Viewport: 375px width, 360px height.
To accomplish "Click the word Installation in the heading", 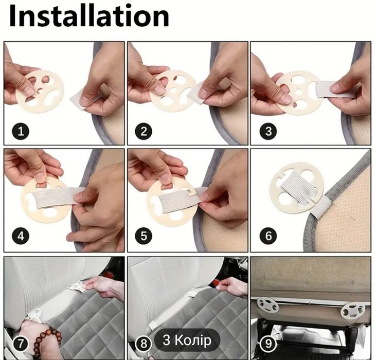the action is click(89, 16).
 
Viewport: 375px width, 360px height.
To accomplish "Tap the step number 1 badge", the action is click(21, 131).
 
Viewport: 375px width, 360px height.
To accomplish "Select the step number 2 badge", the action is click(144, 131).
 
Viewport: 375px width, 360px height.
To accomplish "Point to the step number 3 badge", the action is click(269, 131).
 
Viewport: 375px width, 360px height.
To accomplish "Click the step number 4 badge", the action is click(21, 236).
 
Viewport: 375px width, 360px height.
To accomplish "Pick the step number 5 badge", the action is click(144, 236).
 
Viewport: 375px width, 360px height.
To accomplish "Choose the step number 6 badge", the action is click(269, 236).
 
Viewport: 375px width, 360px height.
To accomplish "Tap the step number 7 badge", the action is click(21, 344).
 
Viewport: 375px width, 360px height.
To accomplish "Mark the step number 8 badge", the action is click(144, 344).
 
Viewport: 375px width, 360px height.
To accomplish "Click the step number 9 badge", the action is click(269, 344).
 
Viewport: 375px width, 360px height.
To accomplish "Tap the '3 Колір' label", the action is click(187, 340).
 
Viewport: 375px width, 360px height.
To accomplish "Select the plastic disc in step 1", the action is click(40, 92).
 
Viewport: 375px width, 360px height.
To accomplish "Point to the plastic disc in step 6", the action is click(297, 188).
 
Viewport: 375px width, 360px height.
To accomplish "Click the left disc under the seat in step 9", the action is click(268, 305).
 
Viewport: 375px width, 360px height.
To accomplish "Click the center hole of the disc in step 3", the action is click(299, 92).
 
